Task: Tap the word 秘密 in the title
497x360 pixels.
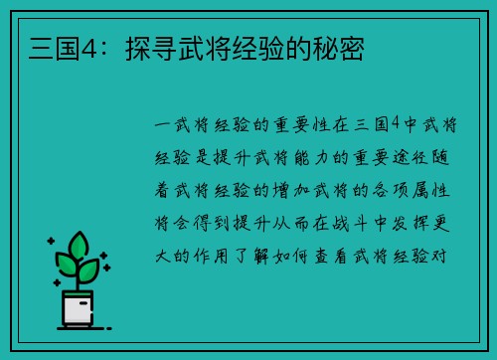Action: (x=340, y=47)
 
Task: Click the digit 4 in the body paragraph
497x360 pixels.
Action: (x=395, y=124)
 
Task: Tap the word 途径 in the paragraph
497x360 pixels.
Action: (x=414, y=157)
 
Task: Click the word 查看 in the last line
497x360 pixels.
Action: (x=361, y=256)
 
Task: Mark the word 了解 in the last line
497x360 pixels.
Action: (x=273, y=256)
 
